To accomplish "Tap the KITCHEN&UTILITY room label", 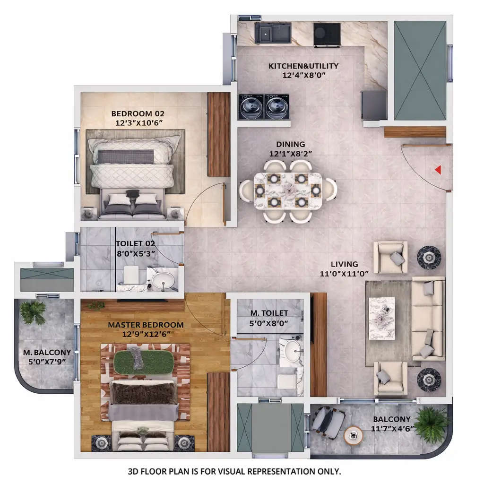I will tap(303, 66).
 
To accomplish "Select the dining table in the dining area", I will tap(288, 190).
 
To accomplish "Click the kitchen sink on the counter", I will tap(273, 33).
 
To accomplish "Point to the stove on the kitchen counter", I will tap(327, 34).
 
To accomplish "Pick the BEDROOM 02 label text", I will tap(138, 113).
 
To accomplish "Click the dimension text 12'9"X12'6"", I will tap(146, 334).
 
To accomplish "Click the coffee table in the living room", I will tap(381, 318).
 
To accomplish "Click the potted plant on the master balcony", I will tap(33, 312).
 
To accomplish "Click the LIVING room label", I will tap(344, 264).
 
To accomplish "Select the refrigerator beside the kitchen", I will tap(373, 105).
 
